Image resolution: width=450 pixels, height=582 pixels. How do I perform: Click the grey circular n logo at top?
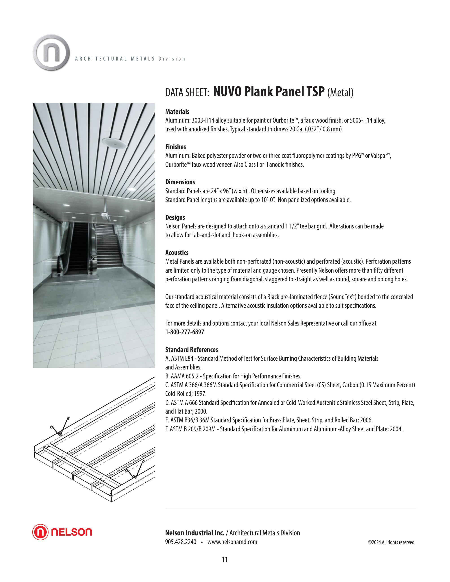[x=51, y=52]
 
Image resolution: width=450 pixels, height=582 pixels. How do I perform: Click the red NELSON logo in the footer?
[x=62, y=532]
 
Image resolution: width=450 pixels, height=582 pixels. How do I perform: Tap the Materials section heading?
[x=177, y=112]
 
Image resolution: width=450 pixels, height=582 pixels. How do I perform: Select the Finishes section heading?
[x=175, y=147]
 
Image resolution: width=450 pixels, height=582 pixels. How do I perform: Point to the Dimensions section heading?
[x=180, y=182]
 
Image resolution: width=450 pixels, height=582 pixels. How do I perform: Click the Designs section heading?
[x=175, y=217]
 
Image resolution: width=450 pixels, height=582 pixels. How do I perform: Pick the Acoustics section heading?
[x=177, y=253]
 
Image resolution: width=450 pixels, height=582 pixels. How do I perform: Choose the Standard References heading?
[x=191, y=350]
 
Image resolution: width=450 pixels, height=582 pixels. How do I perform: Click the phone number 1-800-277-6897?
[x=184, y=332]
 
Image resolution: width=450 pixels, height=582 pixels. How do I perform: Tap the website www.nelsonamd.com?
[x=232, y=542]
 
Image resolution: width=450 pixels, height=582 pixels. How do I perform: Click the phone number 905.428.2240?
[x=181, y=542]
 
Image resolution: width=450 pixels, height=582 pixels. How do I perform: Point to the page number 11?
[x=225, y=559]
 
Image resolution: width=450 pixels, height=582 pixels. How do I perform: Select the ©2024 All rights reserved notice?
[x=391, y=542]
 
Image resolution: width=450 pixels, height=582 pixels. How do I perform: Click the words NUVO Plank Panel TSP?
[x=269, y=92]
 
